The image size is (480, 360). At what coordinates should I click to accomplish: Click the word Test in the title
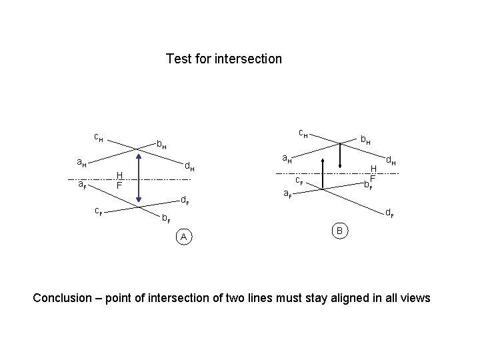click(177, 59)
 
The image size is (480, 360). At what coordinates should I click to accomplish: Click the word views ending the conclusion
click(415, 297)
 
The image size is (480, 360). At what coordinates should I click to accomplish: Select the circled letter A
click(183, 237)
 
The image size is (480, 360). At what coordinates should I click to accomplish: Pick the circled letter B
click(339, 231)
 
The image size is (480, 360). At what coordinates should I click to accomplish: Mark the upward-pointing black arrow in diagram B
click(323, 173)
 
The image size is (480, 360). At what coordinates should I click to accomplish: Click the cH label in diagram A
click(98, 137)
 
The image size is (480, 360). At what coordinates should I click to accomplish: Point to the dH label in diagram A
click(189, 165)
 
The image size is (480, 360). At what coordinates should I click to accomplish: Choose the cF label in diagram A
click(98, 211)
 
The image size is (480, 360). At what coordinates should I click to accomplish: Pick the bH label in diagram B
click(365, 140)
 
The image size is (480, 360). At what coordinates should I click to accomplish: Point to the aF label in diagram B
click(287, 194)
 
